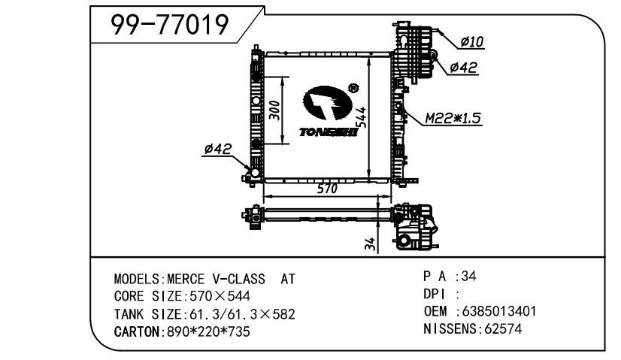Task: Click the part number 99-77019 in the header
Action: pos(169,24)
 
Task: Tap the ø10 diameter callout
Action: pos(472,41)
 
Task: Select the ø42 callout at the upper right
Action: pos(463,68)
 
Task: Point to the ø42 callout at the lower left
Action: pos(218,150)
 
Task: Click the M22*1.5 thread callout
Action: pos(453,118)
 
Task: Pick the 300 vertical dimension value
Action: pos(274,110)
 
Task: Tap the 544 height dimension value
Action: pos(361,117)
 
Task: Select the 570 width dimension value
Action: pos(327,189)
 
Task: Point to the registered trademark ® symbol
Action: pos(353,88)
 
